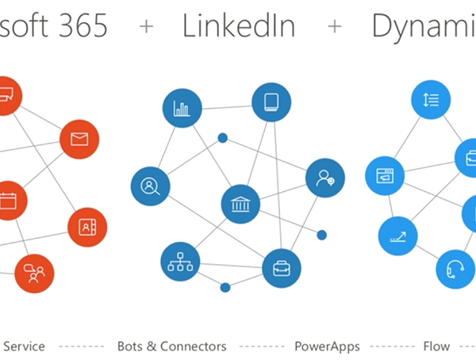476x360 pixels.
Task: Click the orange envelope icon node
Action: tap(79, 140)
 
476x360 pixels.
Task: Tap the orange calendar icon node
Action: tap(9, 201)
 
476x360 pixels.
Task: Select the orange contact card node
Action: tap(87, 227)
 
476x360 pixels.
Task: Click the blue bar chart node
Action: tap(182, 109)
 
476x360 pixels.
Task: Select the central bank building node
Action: tap(240, 205)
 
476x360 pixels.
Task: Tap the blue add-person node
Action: tap(325, 178)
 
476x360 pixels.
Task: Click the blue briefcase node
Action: tap(281, 267)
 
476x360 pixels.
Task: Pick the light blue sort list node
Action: tap(432, 101)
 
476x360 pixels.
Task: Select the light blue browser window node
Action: tap(385, 175)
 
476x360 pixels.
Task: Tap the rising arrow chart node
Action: tap(398, 234)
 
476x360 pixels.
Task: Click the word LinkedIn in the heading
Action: tap(238, 26)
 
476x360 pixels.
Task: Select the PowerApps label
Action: tap(327, 347)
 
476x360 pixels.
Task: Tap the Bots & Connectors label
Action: tap(172, 347)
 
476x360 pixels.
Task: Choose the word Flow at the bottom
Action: tap(436, 347)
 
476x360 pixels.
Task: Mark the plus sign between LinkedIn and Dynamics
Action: tap(335, 27)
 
